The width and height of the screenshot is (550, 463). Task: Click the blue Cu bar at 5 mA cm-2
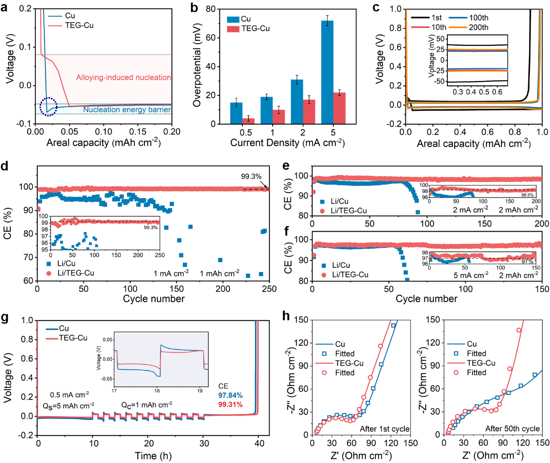[327, 72]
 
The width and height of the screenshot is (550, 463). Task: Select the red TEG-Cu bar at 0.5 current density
[248, 121]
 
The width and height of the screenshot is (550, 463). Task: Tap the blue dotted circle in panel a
[48, 107]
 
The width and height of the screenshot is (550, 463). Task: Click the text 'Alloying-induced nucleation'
[123, 78]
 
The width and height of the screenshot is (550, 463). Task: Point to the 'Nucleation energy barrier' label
[127, 110]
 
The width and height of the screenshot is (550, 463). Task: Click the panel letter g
[5, 318]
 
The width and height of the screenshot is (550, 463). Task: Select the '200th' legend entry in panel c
[478, 28]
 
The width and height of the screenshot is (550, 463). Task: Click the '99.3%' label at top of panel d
[251, 177]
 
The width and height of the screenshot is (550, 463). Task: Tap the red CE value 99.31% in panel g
[230, 404]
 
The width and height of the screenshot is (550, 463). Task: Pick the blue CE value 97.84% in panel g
[230, 395]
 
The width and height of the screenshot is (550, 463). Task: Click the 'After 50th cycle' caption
[512, 429]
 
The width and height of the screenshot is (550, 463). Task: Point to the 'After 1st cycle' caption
[384, 429]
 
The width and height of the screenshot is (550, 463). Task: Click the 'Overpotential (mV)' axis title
[196, 66]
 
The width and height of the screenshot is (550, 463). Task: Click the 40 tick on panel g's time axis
[259, 443]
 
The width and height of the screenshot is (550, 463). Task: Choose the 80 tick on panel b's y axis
[210, 10]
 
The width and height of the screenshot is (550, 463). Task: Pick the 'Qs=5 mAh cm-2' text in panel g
[69, 405]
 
